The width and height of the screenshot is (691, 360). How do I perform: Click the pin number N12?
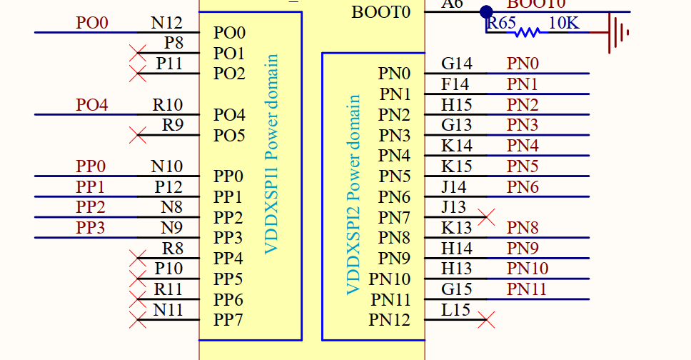click(166, 23)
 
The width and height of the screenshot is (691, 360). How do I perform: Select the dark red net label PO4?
click(92, 105)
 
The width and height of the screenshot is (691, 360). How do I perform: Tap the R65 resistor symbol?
click(527, 32)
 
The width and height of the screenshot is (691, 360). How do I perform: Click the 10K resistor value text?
click(564, 23)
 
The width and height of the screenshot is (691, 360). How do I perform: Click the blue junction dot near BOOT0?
click(486, 11)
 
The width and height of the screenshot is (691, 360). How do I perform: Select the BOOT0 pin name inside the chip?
click(381, 12)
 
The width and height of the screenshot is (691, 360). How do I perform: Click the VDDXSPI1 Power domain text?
click(271, 154)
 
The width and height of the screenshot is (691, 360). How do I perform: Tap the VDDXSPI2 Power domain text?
click(353, 195)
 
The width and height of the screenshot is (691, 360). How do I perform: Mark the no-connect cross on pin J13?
click(486, 217)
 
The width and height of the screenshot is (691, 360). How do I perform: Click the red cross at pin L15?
click(486, 319)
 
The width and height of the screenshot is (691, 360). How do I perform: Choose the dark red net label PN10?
click(528, 269)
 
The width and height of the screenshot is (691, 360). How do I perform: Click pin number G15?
click(457, 289)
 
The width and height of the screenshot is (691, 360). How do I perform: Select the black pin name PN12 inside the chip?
click(390, 320)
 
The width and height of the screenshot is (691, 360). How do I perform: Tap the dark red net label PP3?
click(91, 228)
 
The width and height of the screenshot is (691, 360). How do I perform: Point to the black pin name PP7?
click(228, 320)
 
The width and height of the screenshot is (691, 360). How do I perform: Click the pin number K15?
click(457, 166)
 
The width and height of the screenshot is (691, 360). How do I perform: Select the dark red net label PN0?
click(523, 64)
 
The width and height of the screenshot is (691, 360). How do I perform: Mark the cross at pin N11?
click(138, 319)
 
